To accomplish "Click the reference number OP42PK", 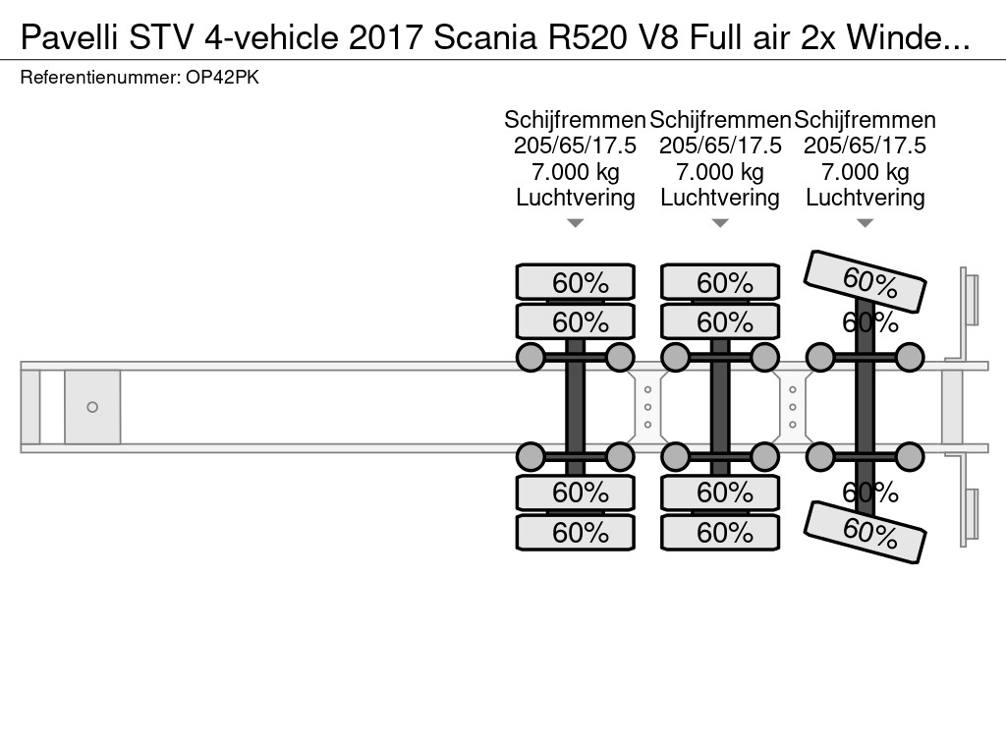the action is [223, 78].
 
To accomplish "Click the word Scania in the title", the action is [485, 38].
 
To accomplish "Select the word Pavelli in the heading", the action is [69, 38].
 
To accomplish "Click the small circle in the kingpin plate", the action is [92, 407].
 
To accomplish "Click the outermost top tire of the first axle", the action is [576, 282].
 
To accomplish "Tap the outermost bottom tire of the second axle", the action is [720, 532].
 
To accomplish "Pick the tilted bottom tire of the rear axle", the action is [865, 532].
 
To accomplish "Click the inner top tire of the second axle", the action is [720, 321].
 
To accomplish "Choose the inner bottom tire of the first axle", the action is [576, 493].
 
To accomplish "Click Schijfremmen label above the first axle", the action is [575, 120].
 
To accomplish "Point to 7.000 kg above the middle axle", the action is [720, 172].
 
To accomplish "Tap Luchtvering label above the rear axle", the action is [865, 198].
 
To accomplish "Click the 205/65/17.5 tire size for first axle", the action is [575, 145].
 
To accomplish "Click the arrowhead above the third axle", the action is [865, 223].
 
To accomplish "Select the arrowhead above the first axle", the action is [576, 223].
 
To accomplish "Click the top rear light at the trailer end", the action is [970, 300].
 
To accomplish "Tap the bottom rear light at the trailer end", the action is [970, 515].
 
